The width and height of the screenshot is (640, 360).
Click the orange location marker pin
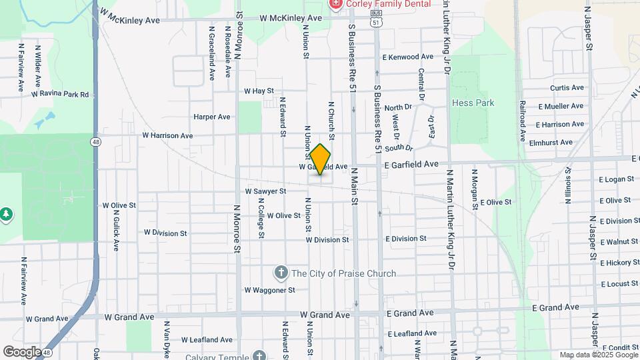click(321, 159)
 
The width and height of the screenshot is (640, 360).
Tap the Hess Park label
click(473, 103)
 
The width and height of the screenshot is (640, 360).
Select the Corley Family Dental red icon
click(335, 4)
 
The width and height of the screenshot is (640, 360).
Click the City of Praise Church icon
click(281, 273)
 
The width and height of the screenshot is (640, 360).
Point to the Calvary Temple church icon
click(259, 355)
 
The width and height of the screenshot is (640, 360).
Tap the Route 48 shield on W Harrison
click(97, 142)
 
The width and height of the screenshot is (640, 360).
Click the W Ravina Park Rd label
click(60, 95)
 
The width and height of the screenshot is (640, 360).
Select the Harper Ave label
click(212, 117)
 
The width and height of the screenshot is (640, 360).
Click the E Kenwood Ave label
click(407, 57)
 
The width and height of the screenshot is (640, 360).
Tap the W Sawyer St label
click(265, 191)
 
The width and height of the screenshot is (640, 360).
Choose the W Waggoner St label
click(269, 290)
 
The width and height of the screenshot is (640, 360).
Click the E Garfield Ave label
click(411, 164)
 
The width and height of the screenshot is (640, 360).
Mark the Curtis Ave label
click(567, 88)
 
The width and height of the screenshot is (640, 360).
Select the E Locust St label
click(619, 284)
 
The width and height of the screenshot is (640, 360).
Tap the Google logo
click(21, 351)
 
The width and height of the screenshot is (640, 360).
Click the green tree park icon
click(6, 213)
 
